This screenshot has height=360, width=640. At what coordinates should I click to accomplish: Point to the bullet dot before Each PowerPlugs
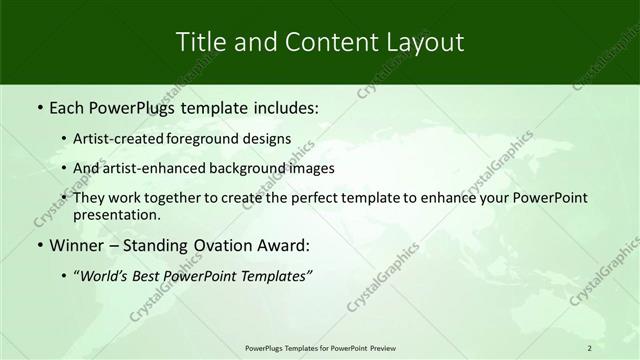[x=39, y=105]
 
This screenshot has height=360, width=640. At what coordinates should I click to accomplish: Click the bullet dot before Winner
[x=39, y=245]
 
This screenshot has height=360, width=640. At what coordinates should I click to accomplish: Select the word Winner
[x=78, y=245]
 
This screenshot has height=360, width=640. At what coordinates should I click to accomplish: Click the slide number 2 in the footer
[x=589, y=348]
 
